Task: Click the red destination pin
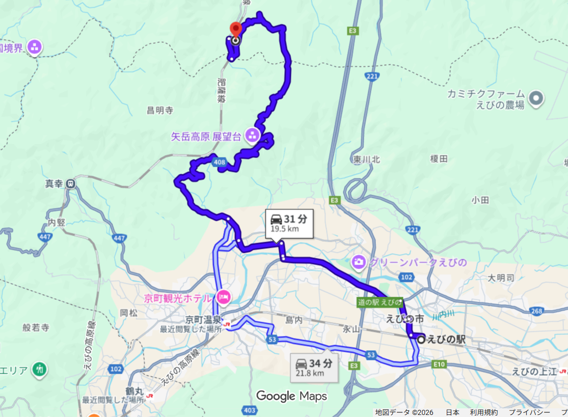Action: coord(235,29)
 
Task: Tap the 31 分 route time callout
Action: coord(288,223)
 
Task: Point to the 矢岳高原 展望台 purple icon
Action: coord(252,136)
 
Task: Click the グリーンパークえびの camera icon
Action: coord(359,263)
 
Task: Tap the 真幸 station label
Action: coord(54,184)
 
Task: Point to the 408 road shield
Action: coord(219,162)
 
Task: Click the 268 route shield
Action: coord(535,311)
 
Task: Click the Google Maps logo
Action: coord(291,396)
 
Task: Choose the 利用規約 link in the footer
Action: coord(484,412)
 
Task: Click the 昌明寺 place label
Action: coord(160,110)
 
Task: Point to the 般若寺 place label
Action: coord(36,327)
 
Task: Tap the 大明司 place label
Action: coord(501,278)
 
